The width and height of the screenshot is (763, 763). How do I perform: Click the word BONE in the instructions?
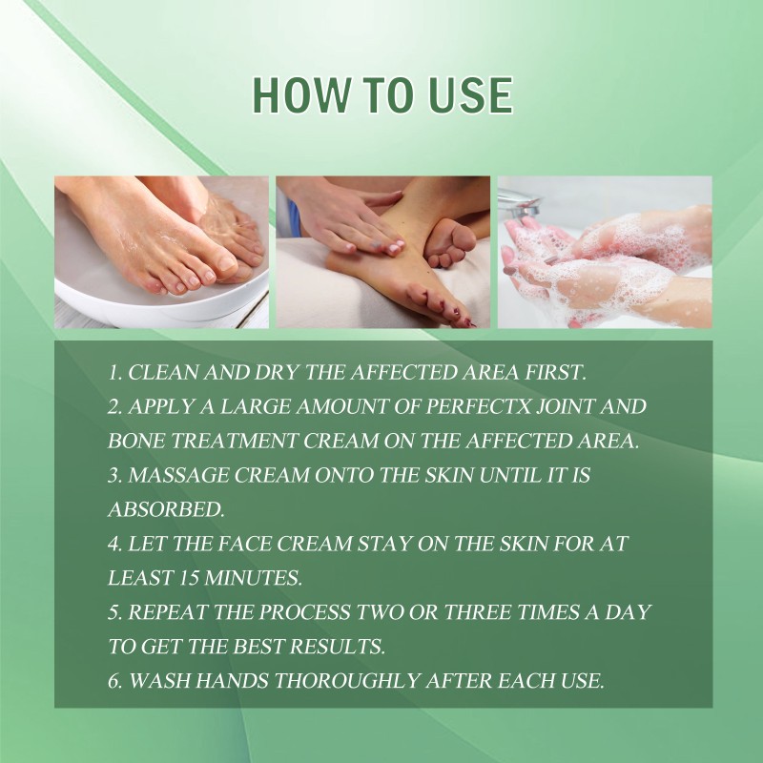[136, 442]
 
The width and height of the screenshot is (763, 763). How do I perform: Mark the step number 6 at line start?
[113, 681]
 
